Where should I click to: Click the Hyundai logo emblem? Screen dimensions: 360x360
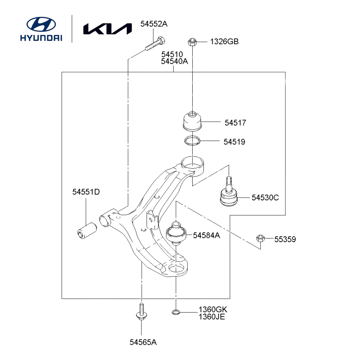coord(41,24)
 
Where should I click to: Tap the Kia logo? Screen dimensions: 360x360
coord(107,29)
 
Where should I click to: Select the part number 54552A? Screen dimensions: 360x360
coord(154,24)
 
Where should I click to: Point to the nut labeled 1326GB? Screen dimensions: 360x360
coord(192,42)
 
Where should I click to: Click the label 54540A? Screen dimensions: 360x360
coord(174,61)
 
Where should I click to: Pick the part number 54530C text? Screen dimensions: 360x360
coord(265,198)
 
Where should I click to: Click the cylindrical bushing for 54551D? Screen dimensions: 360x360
coord(86,230)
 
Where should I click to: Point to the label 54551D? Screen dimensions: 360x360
coord(86,192)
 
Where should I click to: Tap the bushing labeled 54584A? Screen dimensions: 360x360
coord(176,232)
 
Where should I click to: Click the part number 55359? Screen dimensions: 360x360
coord(285,239)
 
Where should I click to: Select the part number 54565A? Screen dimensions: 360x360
coord(144,342)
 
